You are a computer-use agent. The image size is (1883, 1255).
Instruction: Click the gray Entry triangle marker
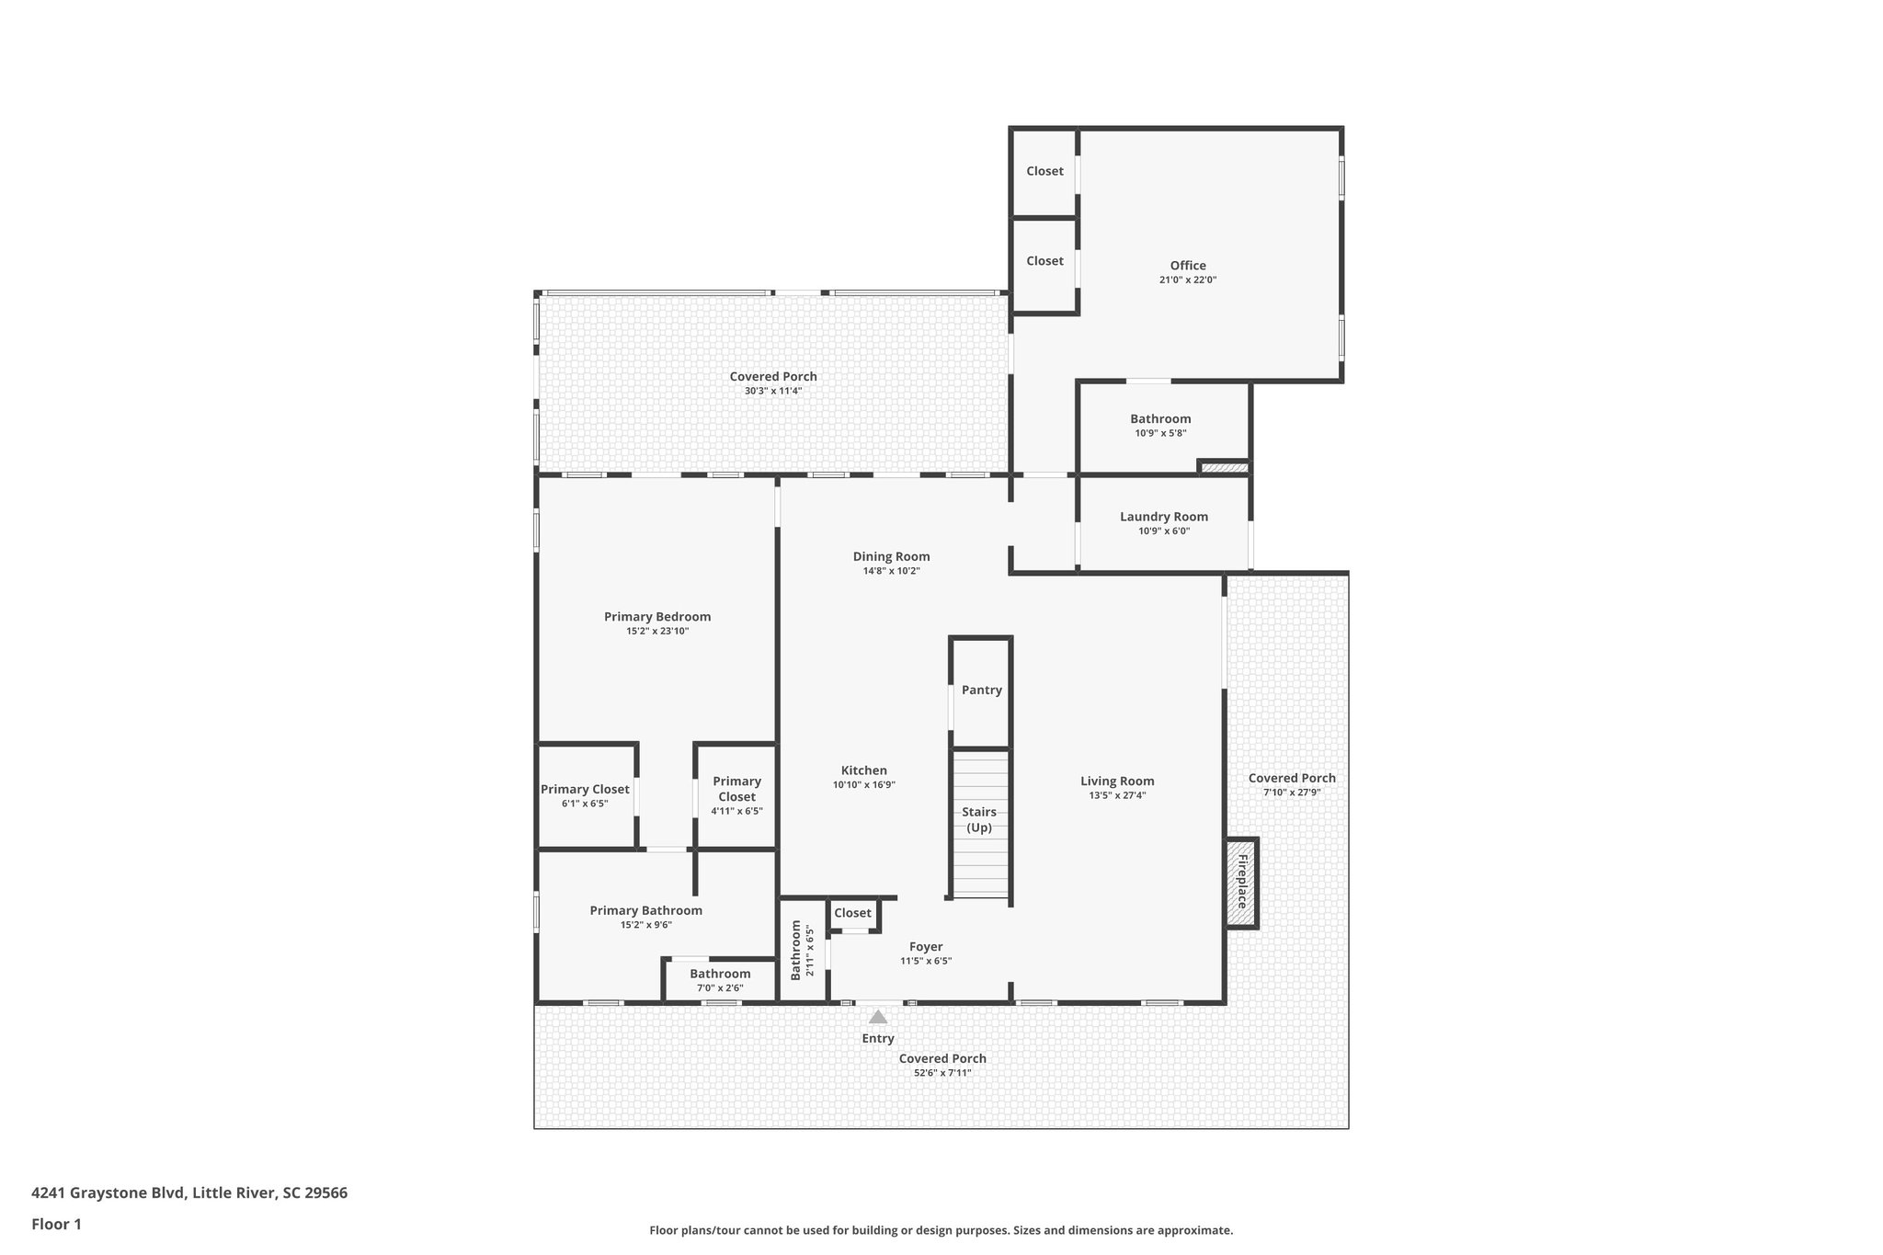[878, 1017]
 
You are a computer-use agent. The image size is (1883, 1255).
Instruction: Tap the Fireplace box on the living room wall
[1241, 882]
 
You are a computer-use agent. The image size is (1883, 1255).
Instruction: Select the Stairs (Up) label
[979, 819]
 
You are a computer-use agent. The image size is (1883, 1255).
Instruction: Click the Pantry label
[981, 690]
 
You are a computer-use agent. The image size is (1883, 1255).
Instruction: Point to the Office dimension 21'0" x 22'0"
[1187, 280]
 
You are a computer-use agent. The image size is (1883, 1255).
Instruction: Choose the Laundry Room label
[1163, 517]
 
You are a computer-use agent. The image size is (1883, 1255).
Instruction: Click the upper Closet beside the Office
[1044, 171]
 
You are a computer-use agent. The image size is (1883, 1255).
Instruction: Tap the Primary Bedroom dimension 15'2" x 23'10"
[656, 632]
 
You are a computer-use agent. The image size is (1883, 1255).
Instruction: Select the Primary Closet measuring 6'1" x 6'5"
[585, 790]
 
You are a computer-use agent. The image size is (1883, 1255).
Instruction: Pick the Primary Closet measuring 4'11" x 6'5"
[736, 790]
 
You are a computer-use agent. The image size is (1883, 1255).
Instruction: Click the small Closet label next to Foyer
[852, 913]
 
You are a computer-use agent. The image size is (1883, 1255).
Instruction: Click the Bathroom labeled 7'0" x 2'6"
[720, 975]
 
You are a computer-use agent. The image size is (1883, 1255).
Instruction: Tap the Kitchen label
[863, 770]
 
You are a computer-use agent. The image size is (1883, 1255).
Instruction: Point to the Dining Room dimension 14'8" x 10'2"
[890, 571]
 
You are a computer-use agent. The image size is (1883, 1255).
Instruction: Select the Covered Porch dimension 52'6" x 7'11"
[941, 1073]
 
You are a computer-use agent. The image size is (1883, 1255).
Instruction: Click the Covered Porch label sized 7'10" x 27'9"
[1291, 779]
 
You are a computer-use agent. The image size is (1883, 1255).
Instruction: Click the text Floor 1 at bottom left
[57, 1224]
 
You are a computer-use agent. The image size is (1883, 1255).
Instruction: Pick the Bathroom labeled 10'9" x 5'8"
[1160, 419]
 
